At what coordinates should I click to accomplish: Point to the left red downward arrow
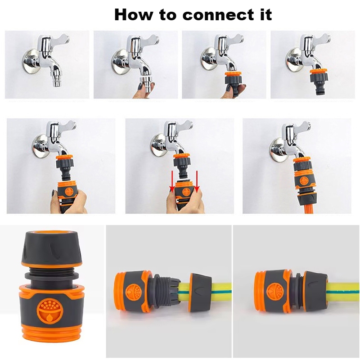coord(171,182)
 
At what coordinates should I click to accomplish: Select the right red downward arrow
coord(197,182)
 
